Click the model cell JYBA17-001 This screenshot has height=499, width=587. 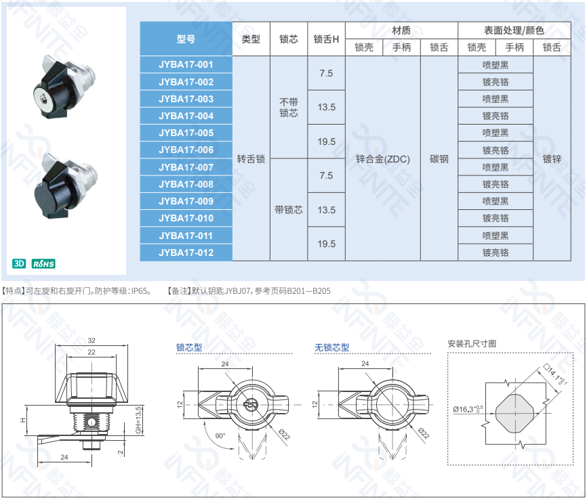click(186, 65)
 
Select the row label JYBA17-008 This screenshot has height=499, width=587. click(186, 184)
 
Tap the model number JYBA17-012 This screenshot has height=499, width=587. click(186, 253)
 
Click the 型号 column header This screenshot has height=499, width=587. click(186, 39)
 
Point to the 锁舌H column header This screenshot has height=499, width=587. click(326, 39)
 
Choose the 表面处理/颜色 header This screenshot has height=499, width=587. click(514, 30)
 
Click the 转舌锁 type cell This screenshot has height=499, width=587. click(251, 159)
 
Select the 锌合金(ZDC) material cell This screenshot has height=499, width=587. click(382, 159)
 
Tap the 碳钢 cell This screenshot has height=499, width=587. click(439, 159)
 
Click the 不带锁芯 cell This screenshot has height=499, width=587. click(289, 108)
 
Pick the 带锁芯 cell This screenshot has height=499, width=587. click(289, 210)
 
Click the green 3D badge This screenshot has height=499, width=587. click(19, 263)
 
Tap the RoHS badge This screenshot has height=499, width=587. click(43, 263)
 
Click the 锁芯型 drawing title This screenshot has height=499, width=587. click(189, 347)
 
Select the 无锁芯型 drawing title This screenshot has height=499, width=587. click(331, 347)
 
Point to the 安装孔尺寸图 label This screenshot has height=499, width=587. click(472, 344)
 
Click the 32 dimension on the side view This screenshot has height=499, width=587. click(92, 341)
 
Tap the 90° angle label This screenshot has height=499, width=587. click(220, 436)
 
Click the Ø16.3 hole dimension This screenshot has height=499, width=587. click(468, 409)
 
